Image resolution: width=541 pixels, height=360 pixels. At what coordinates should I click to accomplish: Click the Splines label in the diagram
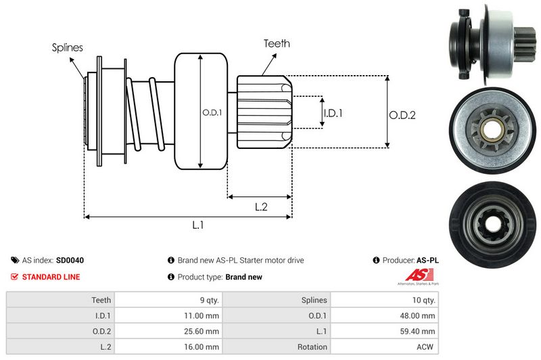click(x=68, y=47)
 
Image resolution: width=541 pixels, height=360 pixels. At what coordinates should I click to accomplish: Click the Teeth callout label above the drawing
click(x=276, y=43)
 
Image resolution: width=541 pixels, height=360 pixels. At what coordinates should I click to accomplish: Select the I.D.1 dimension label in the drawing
click(x=333, y=114)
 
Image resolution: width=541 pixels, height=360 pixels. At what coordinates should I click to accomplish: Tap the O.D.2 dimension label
click(x=402, y=115)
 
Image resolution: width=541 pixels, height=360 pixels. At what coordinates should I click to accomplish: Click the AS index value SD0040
click(x=70, y=260)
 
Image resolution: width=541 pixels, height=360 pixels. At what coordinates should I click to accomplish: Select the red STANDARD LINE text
click(x=51, y=277)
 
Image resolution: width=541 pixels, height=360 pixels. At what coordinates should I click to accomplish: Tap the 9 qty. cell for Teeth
click(x=206, y=300)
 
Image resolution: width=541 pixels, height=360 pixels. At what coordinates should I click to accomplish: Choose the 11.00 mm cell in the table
click(x=203, y=315)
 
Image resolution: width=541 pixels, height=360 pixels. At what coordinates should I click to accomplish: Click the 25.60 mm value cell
click(x=203, y=331)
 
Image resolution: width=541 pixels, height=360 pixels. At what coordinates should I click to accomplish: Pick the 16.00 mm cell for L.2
click(x=203, y=346)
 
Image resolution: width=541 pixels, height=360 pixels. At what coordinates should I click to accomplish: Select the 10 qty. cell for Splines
click(x=422, y=300)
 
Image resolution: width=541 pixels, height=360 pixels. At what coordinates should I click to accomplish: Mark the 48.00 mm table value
click(x=419, y=315)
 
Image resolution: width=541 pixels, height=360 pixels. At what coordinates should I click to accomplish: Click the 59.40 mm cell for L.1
click(x=419, y=331)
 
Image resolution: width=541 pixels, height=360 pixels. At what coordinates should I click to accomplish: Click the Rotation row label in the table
click(x=312, y=346)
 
